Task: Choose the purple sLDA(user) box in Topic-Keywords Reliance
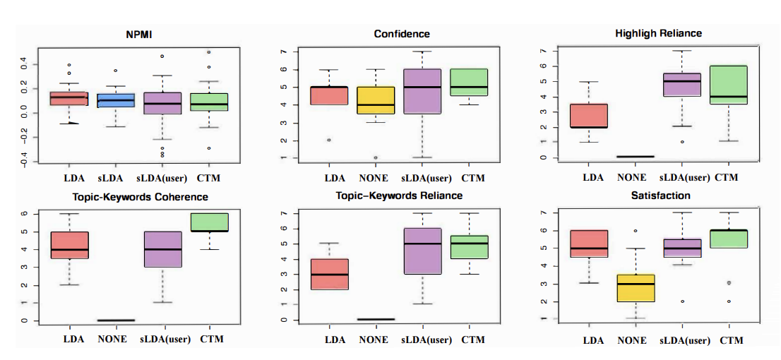tap(422, 251)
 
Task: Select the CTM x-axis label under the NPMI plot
tap(212, 176)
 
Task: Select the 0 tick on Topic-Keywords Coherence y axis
tap(25, 320)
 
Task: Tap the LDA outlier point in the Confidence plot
tap(329, 140)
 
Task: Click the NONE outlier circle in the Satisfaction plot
tap(636, 231)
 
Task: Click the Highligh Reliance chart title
tap(659, 33)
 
